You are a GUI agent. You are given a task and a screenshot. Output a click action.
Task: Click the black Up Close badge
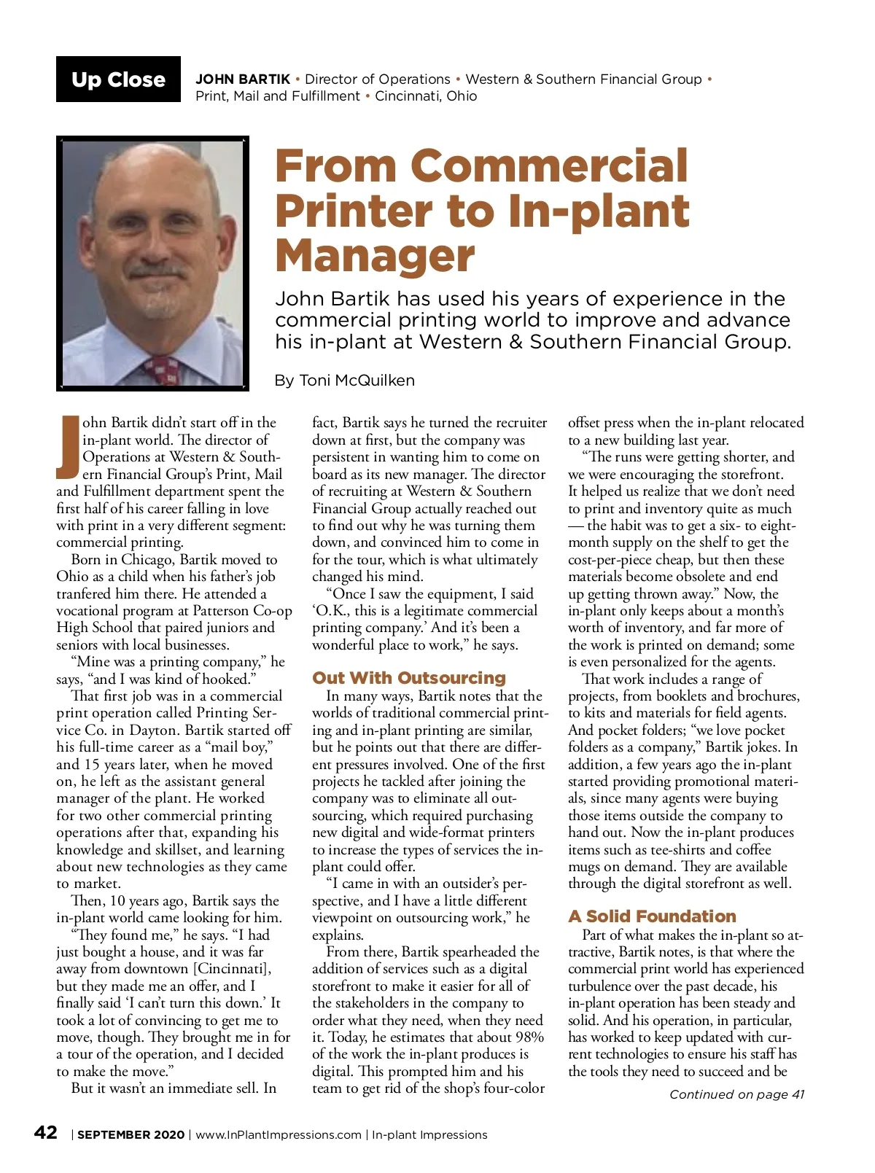coord(118,79)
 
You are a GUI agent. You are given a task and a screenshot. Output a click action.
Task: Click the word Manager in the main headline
coord(375,256)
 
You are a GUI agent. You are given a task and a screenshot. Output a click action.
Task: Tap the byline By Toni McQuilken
coord(344,381)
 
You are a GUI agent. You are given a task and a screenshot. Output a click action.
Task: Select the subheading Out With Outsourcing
coord(408,678)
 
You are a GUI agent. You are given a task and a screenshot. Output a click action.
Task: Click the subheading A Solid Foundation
coord(652,916)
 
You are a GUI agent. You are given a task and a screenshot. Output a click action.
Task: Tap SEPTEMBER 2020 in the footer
coord(131,1135)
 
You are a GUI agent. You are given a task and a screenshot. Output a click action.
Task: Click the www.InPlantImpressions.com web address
coord(279,1135)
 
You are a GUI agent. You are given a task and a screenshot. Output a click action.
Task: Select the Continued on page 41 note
coord(736,1094)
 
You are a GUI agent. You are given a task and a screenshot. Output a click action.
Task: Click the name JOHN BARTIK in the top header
coord(243,79)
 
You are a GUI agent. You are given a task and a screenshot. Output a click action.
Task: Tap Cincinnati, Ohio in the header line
coord(426,96)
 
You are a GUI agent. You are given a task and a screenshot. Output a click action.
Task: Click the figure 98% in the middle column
coord(529,1037)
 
